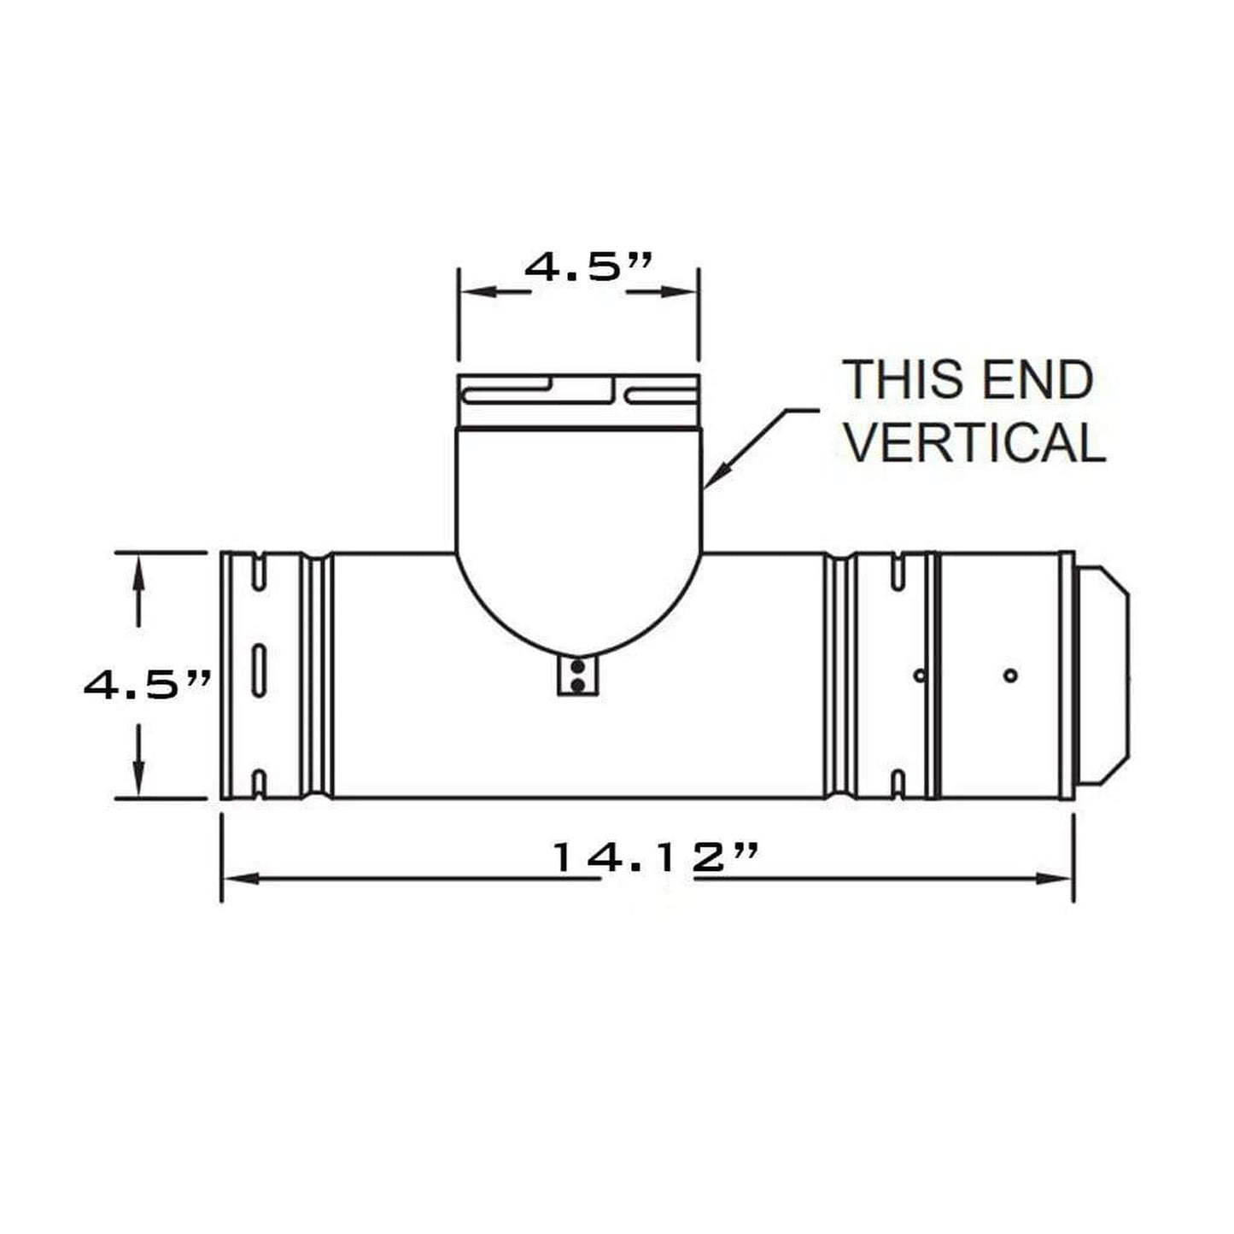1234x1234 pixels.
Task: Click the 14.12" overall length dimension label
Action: tap(654, 857)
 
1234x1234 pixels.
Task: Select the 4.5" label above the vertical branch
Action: tap(588, 267)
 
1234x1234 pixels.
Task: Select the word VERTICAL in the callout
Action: tap(976, 443)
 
